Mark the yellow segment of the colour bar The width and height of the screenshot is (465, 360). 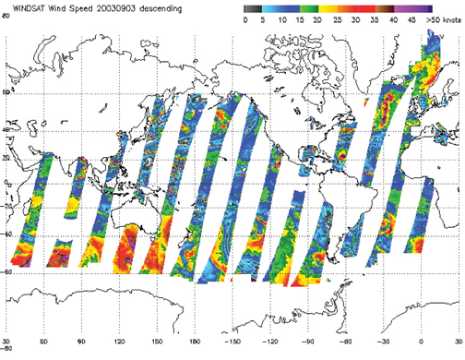tap(337, 7)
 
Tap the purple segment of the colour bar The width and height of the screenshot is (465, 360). tap(440, 7)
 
